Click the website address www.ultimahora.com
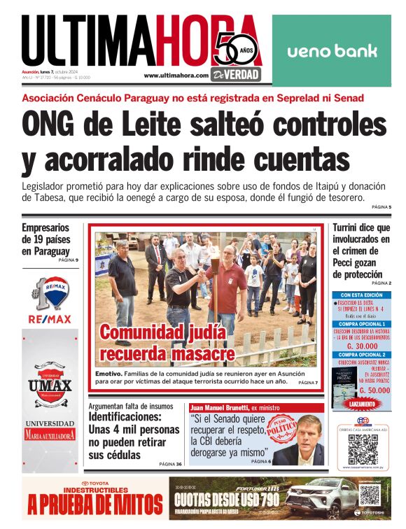tap(176, 75)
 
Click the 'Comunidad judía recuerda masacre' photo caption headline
tap(167, 343)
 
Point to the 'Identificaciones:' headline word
tap(125, 416)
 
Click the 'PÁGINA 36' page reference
tap(170, 464)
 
